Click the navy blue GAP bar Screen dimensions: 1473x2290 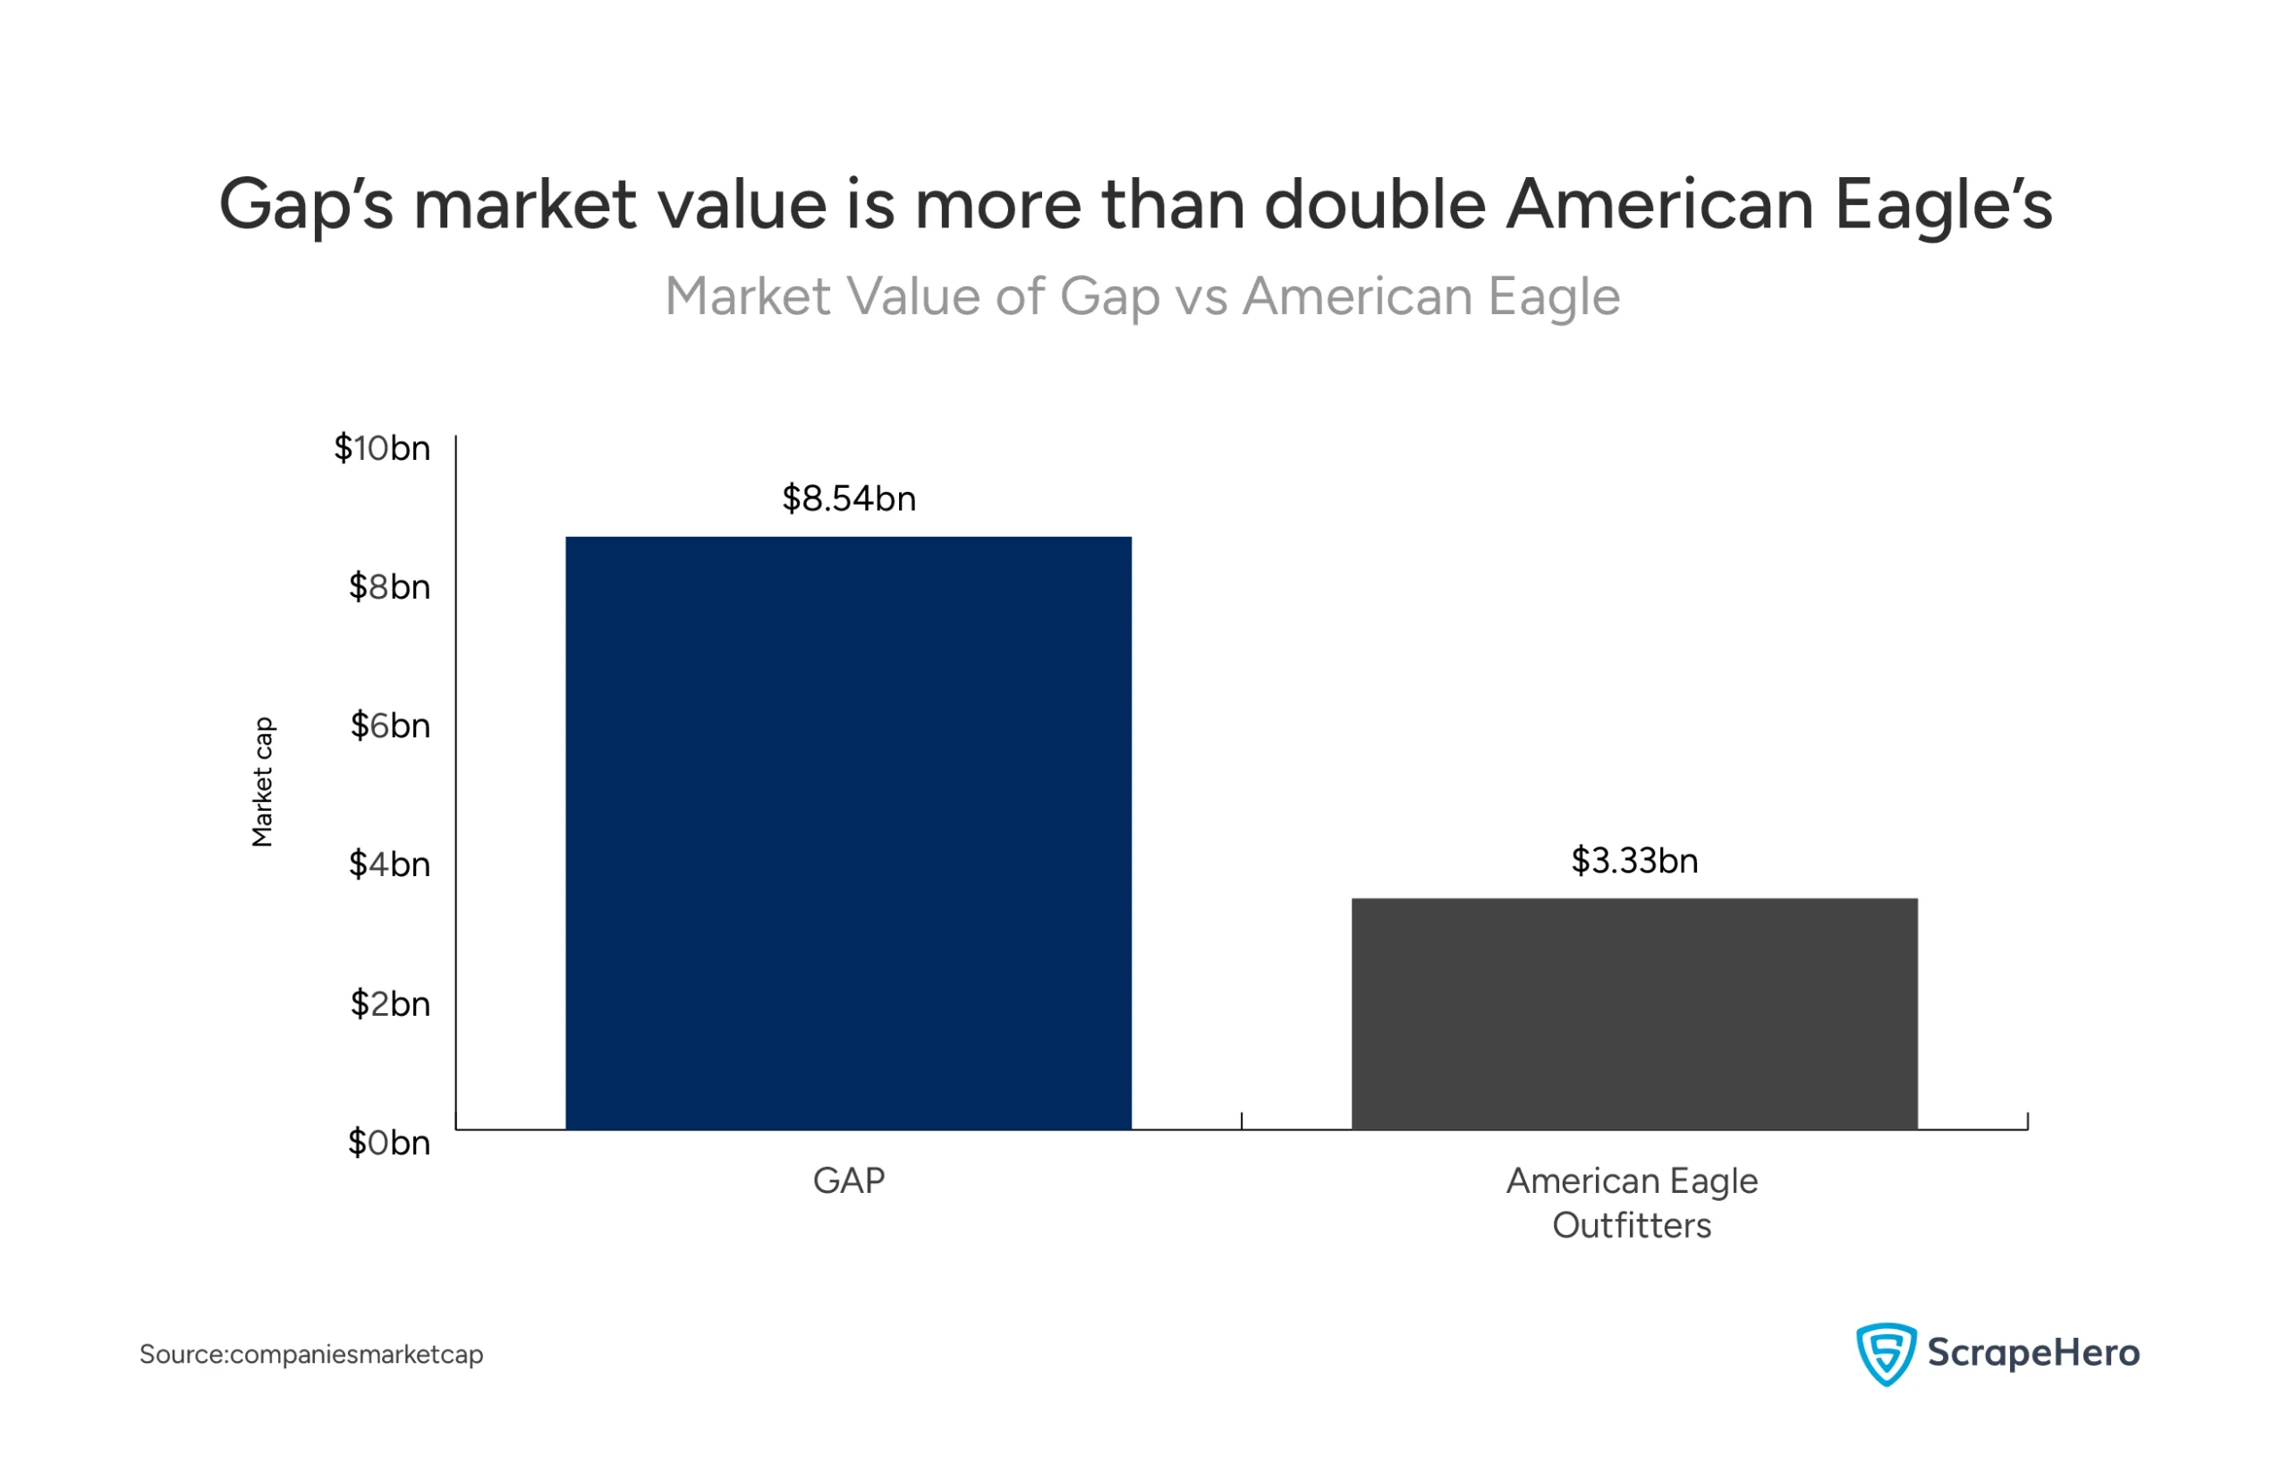point(848,832)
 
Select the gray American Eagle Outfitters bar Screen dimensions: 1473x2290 point(1633,1014)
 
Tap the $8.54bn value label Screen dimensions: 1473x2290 point(848,499)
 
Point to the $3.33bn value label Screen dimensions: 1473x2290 point(1634,861)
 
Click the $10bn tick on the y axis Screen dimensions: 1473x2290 point(381,448)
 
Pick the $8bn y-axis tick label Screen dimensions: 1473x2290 point(389,587)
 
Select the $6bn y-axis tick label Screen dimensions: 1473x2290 point(389,726)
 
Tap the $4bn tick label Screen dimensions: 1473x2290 point(389,864)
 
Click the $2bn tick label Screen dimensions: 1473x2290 point(389,1004)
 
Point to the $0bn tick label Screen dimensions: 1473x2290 point(388,1143)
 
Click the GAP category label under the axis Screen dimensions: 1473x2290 point(848,1181)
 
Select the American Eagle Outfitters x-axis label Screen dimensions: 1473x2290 point(1632,1204)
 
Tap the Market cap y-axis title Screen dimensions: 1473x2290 point(263,781)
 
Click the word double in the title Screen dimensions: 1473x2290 point(1374,205)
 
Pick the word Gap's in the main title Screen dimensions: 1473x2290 point(305,205)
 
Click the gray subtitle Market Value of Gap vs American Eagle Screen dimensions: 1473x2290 point(1141,296)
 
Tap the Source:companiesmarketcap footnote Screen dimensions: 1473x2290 point(310,1354)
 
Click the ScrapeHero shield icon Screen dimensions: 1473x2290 point(1885,1353)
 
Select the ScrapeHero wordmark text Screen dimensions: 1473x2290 point(2031,1353)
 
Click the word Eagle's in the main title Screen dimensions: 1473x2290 point(1943,205)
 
